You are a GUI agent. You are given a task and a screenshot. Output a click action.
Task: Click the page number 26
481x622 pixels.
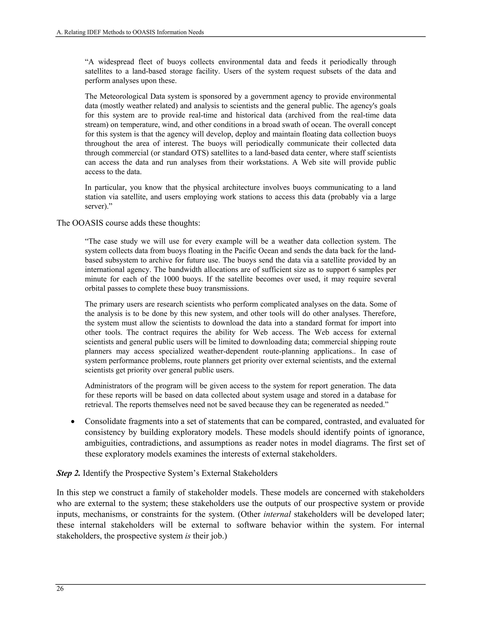click(60, 589)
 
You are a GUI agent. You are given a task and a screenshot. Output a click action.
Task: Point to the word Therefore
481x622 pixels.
click(380, 314)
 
